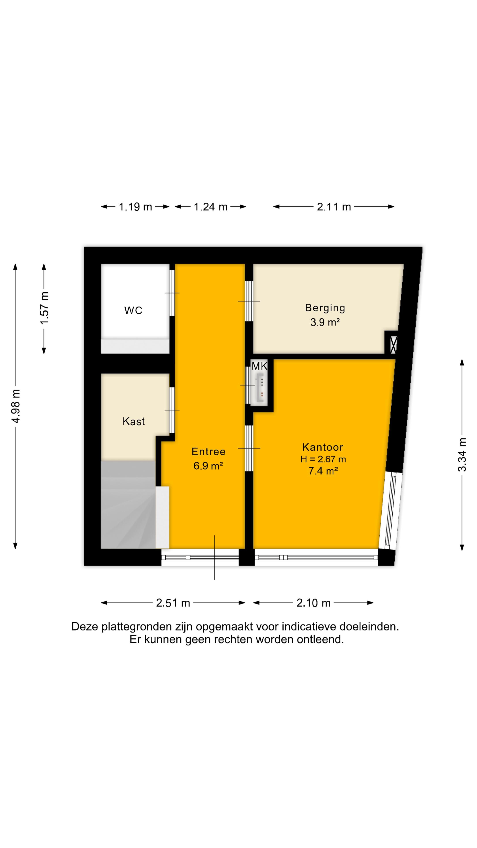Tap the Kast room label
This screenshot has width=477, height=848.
coord(134,421)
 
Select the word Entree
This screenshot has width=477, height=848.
coord(209,451)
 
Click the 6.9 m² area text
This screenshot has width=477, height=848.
coord(208,466)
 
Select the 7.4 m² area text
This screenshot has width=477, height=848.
coord(323,471)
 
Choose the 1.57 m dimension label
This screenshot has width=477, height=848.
coord(44,308)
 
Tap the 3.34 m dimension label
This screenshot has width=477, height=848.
coord(462,455)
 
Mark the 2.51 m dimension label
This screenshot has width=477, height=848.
coord(173,603)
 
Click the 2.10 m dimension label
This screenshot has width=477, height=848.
coord(313,603)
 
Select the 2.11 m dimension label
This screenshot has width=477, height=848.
coord(334,207)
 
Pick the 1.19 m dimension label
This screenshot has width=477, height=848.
coord(135,207)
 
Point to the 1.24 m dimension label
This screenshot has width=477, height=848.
coord(211,207)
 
